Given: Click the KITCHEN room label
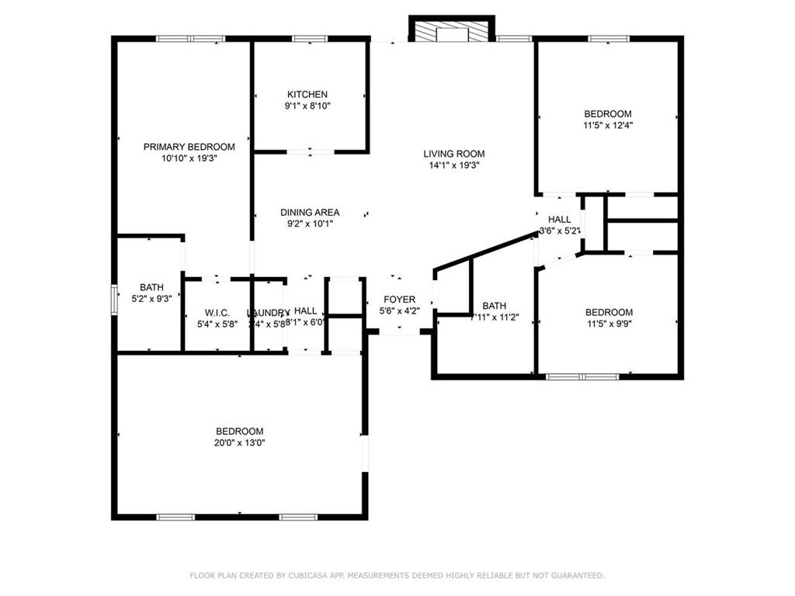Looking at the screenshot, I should (307, 95).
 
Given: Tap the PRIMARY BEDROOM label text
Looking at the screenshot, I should (189, 147).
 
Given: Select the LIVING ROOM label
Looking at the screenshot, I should (454, 154).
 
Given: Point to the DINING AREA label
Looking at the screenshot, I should (310, 213).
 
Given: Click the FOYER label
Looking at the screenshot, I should (399, 300).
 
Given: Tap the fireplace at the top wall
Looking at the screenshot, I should (451, 30).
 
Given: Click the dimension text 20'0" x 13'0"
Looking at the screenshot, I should (239, 443).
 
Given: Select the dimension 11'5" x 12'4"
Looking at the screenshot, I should (608, 124).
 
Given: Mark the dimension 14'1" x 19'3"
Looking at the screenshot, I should (454, 165).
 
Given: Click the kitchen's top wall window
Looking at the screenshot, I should (310, 38).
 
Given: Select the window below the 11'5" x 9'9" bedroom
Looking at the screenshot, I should (582, 377).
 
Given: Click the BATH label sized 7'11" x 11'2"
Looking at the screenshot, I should (494, 306).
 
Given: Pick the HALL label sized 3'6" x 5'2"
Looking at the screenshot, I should (559, 220).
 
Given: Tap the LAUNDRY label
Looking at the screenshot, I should (267, 313).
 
